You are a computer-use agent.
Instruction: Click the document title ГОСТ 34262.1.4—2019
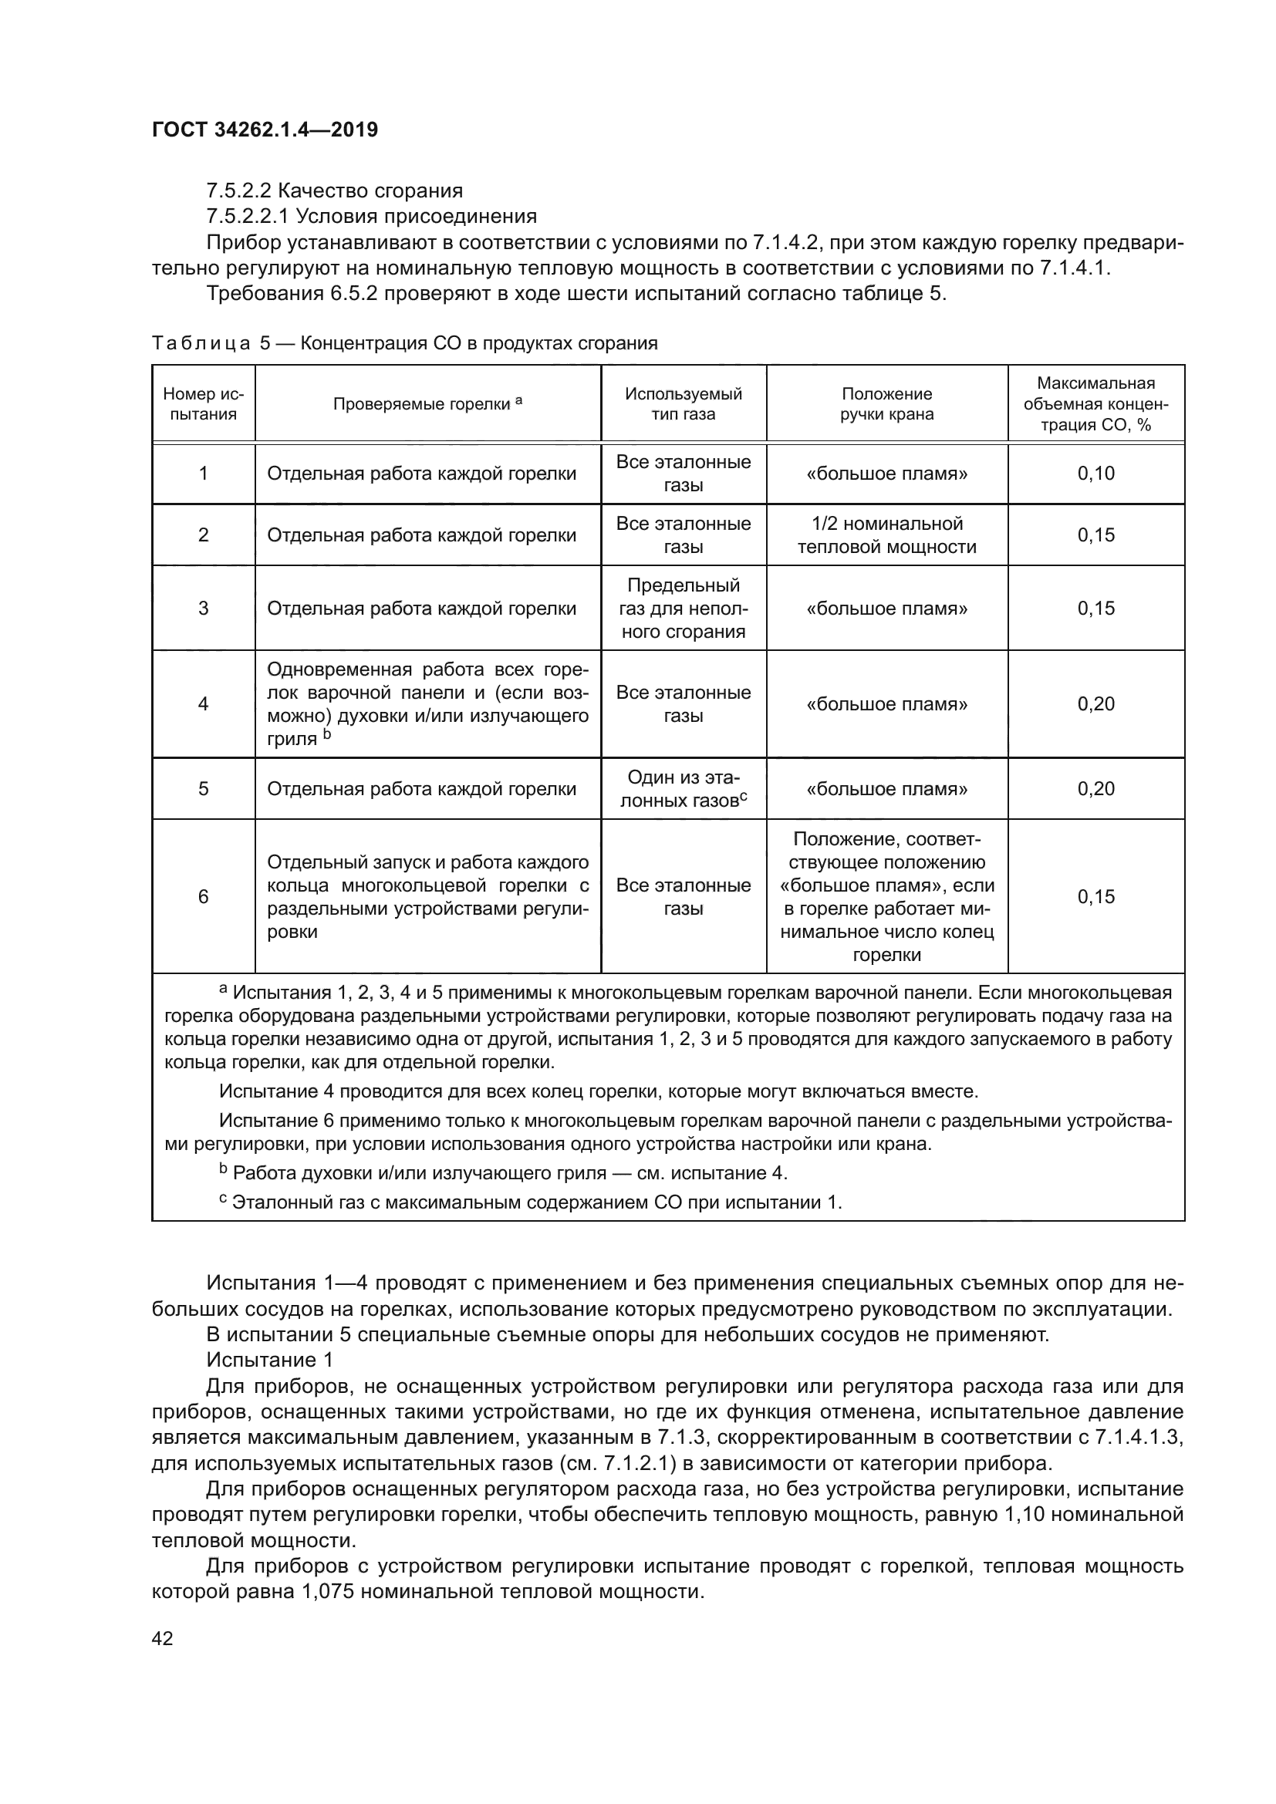[265, 130]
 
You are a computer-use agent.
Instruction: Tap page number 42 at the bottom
[163, 1638]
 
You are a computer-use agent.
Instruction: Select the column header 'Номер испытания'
[203, 404]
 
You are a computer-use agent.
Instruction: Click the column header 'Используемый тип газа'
[683, 404]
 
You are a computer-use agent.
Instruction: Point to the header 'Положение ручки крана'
[886, 404]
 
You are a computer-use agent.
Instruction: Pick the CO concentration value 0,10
[1095, 473]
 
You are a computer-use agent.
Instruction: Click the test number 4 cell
[203, 703]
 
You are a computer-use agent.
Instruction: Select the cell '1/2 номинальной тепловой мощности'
[886, 535]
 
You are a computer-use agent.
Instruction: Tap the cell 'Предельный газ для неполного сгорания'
[683, 608]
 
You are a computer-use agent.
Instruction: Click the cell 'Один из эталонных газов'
[683, 789]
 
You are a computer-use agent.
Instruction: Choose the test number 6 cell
[203, 896]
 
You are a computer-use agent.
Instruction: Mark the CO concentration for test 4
[1095, 703]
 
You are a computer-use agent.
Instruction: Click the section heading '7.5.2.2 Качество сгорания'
[334, 191]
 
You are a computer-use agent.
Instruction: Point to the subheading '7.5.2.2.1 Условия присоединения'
[371, 216]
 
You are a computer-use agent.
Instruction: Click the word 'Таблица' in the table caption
[201, 343]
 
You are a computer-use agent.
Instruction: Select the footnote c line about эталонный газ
[530, 1202]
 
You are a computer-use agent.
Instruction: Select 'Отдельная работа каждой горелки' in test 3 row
[422, 608]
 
